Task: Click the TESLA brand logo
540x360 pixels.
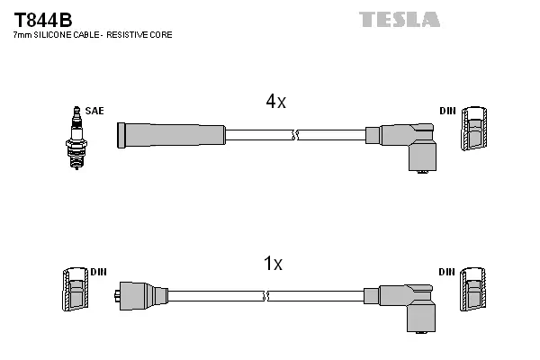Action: tap(400, 19)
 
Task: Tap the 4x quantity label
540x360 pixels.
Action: tap(275, 103)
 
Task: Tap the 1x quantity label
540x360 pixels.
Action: tap(273, 264)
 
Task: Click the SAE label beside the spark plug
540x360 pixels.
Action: tap(95, 111)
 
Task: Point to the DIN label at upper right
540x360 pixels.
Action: tap(447, 111)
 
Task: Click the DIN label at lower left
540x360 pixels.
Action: tap(98, 271)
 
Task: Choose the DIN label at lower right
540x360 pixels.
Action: tap(447, 271)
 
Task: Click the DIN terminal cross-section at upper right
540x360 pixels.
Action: tap(476, 130)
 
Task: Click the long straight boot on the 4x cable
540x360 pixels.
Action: tap(170, 135)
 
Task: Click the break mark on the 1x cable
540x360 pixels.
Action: tap(264, 295)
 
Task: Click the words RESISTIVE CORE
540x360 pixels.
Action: tap(140, 34)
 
